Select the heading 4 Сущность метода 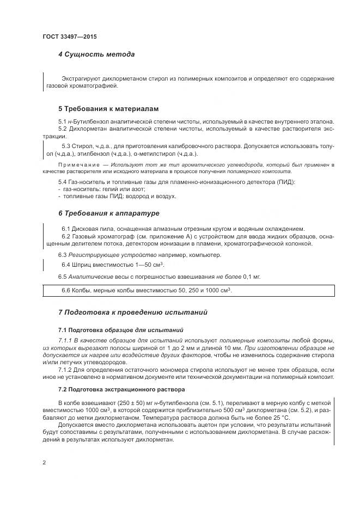pos(96,54)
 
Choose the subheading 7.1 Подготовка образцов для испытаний pos(120,330)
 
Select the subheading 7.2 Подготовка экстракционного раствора pos(121,390)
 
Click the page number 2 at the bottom pos(44,462)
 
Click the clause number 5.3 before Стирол pos(67,146)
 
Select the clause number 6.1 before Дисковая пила pos(67,228)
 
